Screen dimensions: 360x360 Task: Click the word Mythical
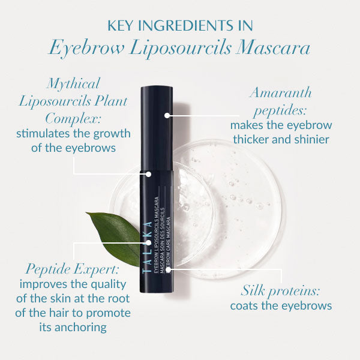[x=73, y=84]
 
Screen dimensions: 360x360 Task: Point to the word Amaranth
[x=280, y=93]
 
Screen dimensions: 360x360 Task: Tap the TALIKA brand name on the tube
[x=148, y=247]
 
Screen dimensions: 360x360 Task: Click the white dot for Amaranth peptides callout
[x=167, y=115]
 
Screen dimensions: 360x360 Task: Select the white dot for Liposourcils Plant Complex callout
[x=149, y=174]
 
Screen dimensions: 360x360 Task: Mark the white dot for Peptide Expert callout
[x=149, y=242]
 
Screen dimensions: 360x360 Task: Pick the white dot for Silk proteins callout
[x=168, y=270]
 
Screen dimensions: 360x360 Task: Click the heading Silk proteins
[x=280, y=291]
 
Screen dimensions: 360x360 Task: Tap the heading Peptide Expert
[x=73, y=269]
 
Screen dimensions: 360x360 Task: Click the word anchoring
[x=80, y=328]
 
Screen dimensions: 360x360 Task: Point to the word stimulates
[x=43, y=134]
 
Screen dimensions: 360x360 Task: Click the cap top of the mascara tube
[x=157, y=88]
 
